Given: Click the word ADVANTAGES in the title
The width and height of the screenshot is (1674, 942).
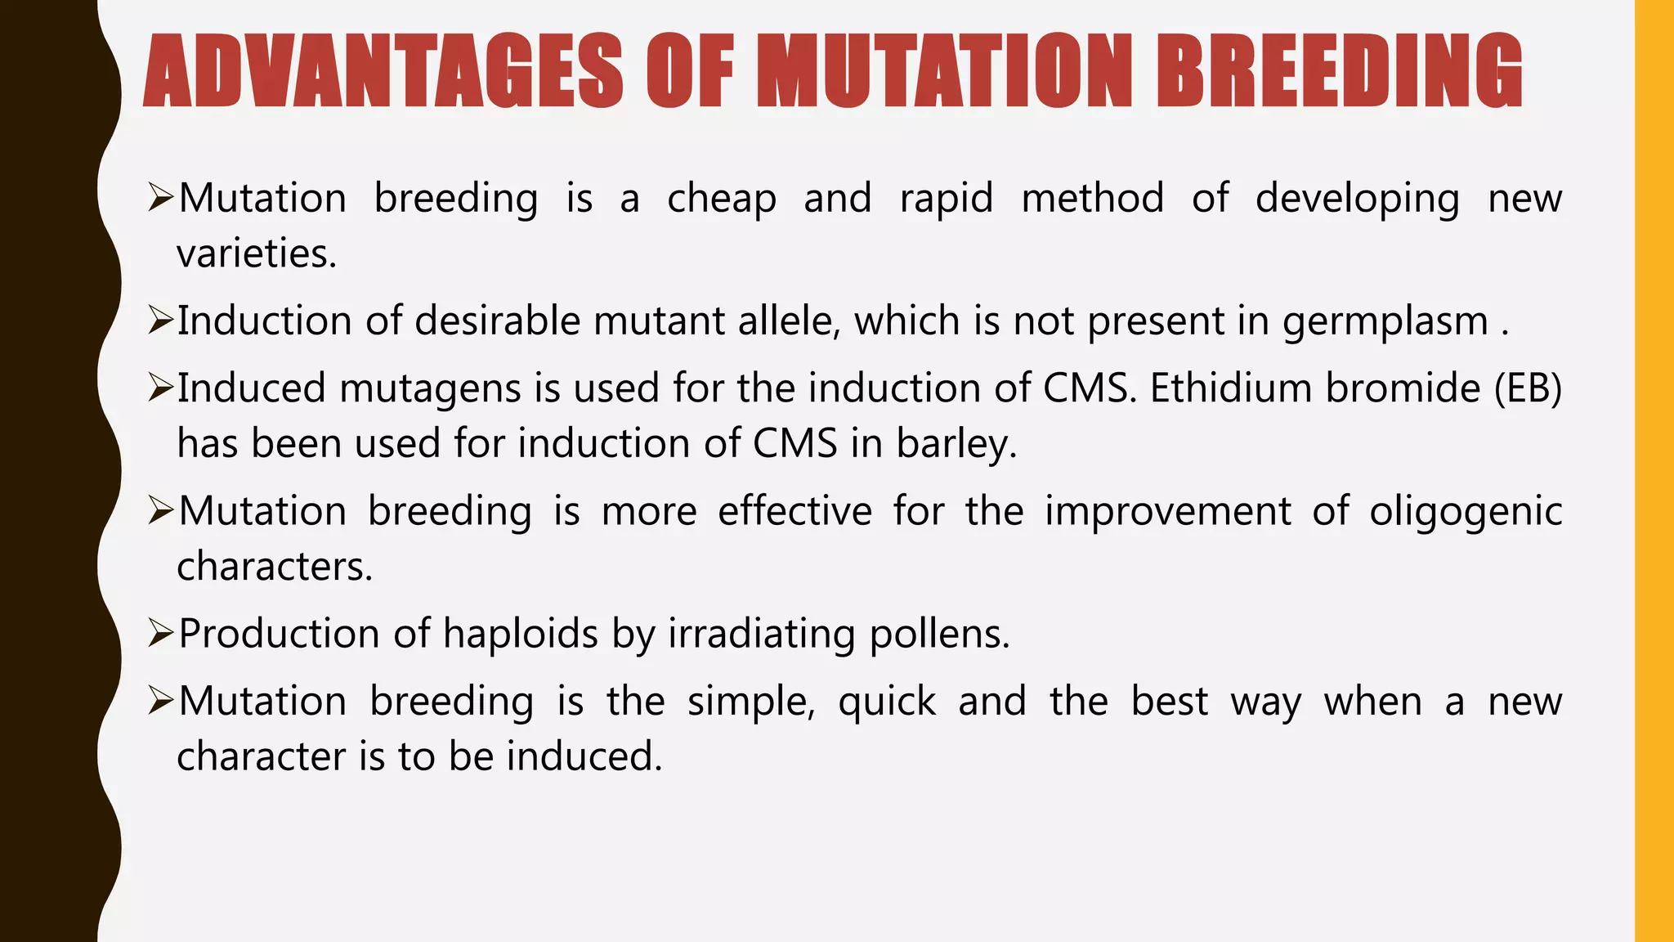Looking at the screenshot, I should coord(383,72).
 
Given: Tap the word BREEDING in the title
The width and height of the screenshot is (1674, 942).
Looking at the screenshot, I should coord(1339,72).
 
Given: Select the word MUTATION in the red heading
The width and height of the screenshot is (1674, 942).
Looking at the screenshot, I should coord(945,72).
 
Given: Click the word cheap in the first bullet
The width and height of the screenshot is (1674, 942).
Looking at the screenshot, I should coord(722,200).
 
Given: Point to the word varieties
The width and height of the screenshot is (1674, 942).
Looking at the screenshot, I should coord(256,253).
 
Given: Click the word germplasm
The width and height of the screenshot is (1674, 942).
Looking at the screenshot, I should coord(1385,321).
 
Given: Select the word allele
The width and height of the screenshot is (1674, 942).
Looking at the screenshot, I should coord(789,321).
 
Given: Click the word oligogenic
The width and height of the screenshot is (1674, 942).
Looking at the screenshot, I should coord(1466,512).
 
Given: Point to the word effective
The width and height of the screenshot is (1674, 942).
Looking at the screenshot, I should coord(794,512).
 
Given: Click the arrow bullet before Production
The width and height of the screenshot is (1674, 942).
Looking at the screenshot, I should coord(160,633).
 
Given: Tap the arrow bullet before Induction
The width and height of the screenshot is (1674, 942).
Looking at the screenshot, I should coord(160,321).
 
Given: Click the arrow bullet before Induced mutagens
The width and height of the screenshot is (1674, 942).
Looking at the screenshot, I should coord(160,388).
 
